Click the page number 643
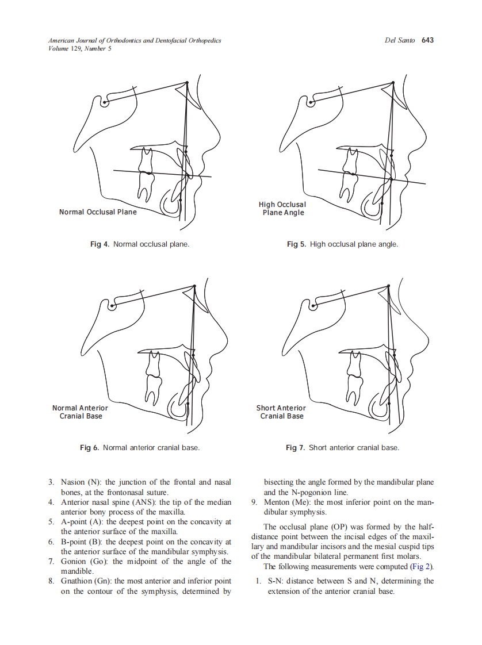[x=427, y=40]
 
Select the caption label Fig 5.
[x=296, y=244]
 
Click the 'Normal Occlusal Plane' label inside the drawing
[x=98, y=212]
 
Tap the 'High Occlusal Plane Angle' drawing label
[x=282, y=208]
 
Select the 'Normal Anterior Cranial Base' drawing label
[x=80, y=412]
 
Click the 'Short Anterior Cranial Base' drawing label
[x=281, y=412]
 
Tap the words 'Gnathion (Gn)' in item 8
[x=86, y=581]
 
